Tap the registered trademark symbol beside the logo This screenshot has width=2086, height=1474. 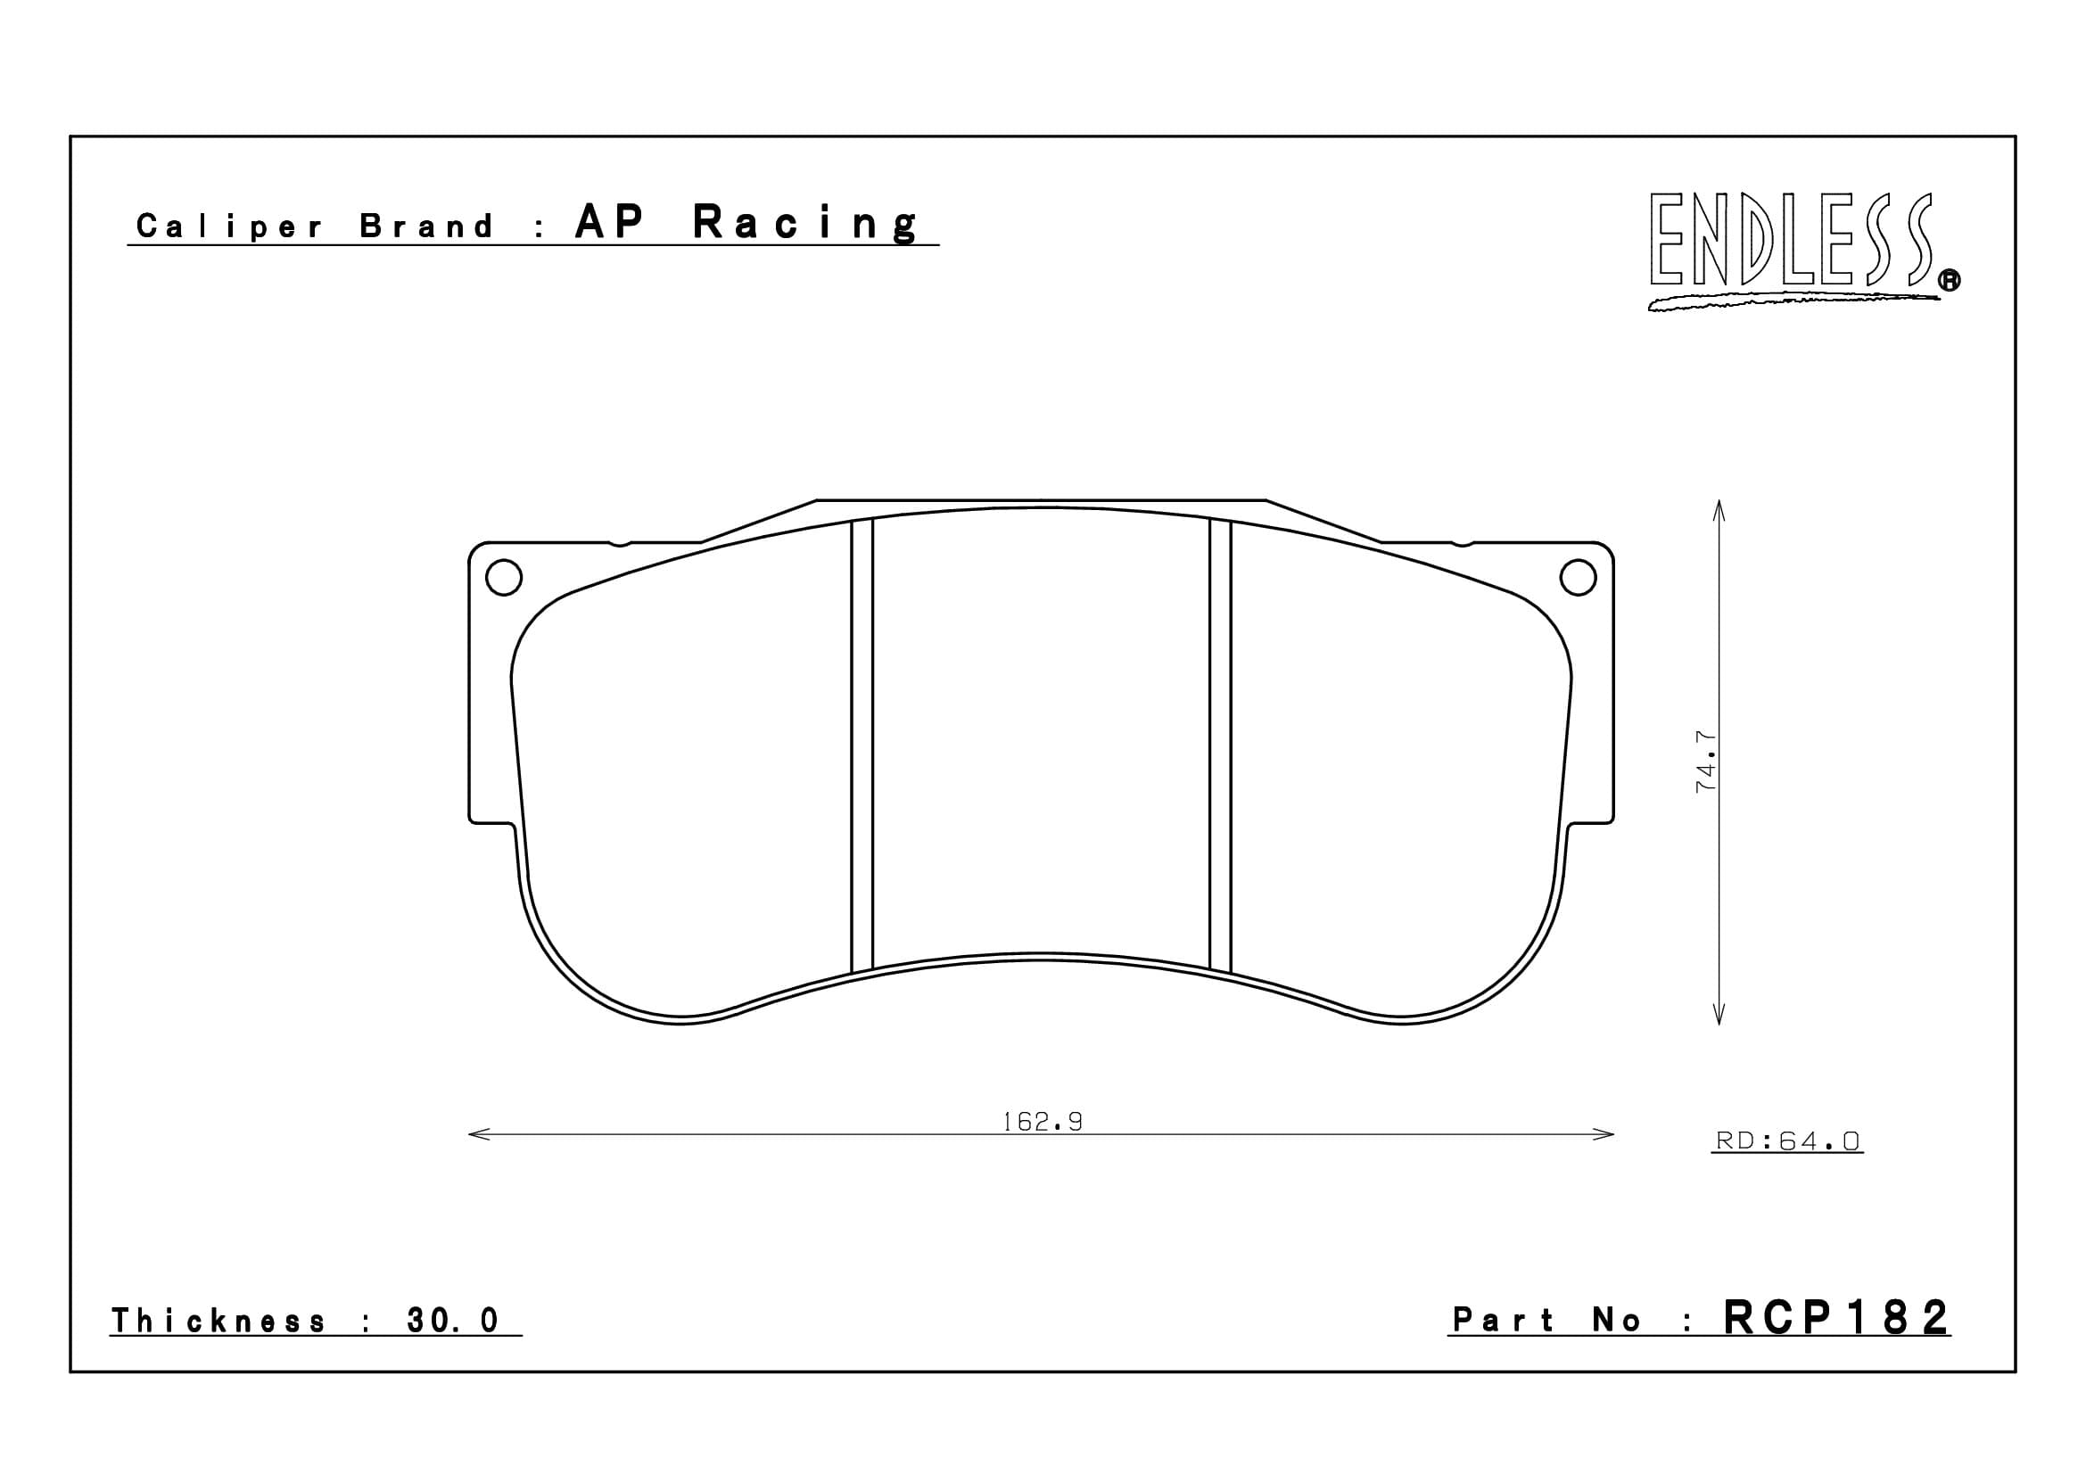click(1950, 282)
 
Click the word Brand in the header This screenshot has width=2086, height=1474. click(427, 226)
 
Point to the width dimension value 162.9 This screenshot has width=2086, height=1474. click(1042, 1122)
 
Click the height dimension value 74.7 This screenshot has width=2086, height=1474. click(1705, 761)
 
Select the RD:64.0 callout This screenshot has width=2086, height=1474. click(1787, 1140)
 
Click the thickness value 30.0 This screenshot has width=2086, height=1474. click(452, 1321)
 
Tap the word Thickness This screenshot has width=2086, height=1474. click(218, 1321)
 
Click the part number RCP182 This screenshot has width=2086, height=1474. click(1836, 1318)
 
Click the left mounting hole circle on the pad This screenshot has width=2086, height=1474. click(504, 578)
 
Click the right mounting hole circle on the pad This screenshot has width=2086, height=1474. click(1579, 578)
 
